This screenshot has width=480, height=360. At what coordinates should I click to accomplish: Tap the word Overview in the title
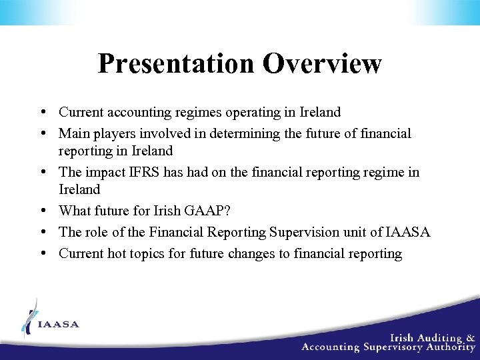(x=322, y=64)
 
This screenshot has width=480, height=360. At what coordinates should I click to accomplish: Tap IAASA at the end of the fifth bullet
(x=408, y=233)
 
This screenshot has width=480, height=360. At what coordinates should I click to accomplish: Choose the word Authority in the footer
(x=451, y=347)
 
